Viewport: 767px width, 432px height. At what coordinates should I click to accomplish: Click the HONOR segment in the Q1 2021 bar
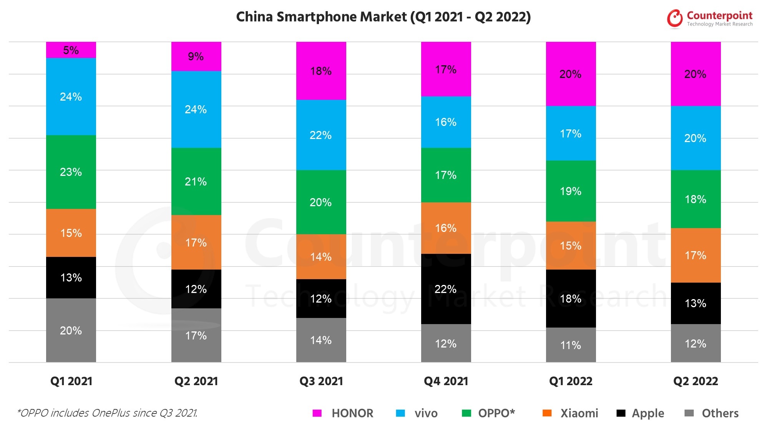71,50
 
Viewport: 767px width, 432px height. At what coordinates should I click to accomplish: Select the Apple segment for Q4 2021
446,289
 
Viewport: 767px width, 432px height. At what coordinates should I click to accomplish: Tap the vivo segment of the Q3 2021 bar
321,135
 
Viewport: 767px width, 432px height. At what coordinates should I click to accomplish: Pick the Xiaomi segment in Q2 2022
696,255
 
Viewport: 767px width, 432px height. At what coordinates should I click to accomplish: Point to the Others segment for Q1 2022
571,345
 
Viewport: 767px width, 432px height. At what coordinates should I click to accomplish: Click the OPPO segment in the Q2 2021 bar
196,181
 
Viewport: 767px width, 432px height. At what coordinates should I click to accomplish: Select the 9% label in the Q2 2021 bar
196,56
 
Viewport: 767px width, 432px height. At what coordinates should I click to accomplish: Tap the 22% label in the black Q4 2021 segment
445,289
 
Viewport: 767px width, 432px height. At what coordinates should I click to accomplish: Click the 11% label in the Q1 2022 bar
571,345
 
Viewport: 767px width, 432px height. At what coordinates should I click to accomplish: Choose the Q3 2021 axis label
321,381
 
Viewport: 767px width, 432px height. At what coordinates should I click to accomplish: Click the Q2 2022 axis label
696,381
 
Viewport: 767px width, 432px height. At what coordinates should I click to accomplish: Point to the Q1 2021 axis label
71,381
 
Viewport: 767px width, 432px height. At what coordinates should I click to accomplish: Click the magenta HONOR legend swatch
317,413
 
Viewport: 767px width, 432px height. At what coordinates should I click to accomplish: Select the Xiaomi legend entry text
579,413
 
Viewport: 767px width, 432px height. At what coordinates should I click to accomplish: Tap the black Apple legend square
621,413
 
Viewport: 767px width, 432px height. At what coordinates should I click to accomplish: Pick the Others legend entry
720,413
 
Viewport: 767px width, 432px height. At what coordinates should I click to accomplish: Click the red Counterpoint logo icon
675,18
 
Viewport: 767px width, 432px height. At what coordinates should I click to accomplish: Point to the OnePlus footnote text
107,413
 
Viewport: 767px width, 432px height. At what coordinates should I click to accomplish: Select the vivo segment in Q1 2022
571,133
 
